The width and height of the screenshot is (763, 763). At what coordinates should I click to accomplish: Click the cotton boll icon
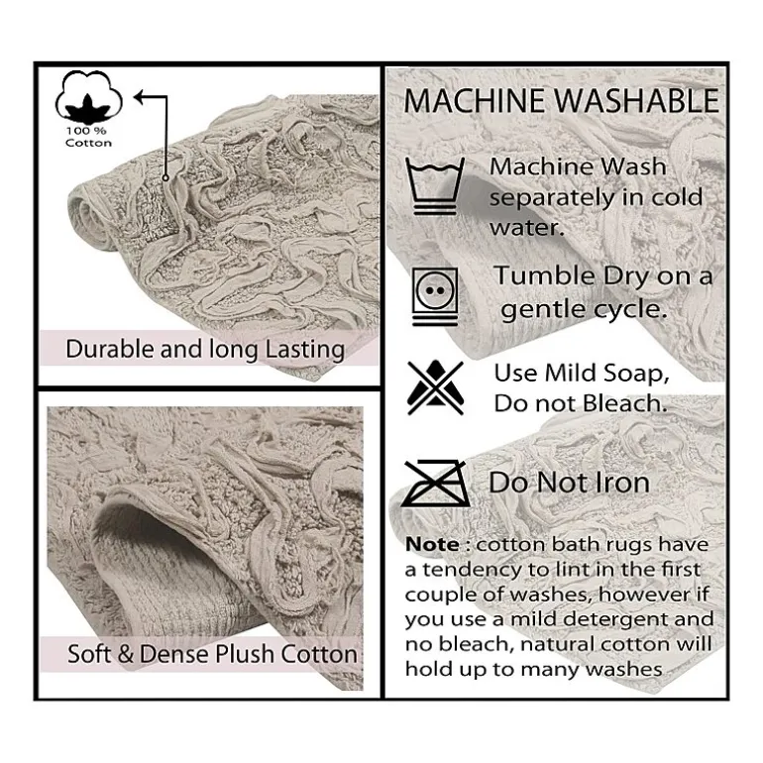[x=88, y=97]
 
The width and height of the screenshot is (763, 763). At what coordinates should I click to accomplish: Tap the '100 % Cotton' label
[x=88, y=137]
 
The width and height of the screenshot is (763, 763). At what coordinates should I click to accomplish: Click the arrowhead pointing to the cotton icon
[x=140, y=97]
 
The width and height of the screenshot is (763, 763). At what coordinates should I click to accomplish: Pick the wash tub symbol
[x=435, y=186]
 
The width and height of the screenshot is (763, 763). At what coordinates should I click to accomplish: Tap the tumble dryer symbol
[x=435, y=296]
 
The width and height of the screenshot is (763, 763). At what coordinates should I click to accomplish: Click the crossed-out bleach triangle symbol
[x=435, y=387]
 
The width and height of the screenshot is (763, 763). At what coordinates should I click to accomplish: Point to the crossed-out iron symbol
[x=435, y=483]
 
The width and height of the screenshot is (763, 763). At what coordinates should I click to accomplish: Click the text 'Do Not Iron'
[x=569, y=483]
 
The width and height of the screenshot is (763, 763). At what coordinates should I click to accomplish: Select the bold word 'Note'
[x=432, y=545]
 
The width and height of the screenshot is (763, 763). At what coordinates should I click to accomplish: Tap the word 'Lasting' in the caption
[x=304, y=351]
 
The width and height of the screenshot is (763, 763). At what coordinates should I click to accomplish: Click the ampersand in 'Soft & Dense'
[x=126, y=654]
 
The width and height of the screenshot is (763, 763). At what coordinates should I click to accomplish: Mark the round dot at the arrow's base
[x=165, y=178]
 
